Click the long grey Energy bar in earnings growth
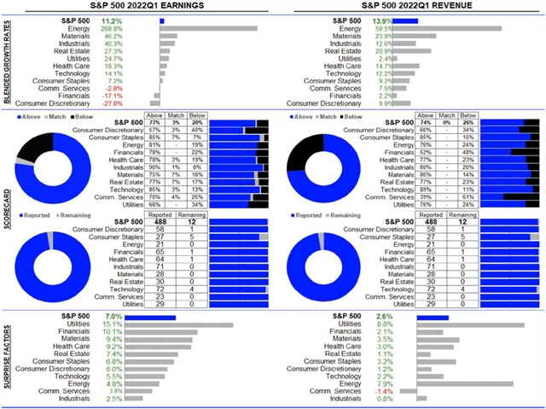pyautogui.click(x=208, y=28)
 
